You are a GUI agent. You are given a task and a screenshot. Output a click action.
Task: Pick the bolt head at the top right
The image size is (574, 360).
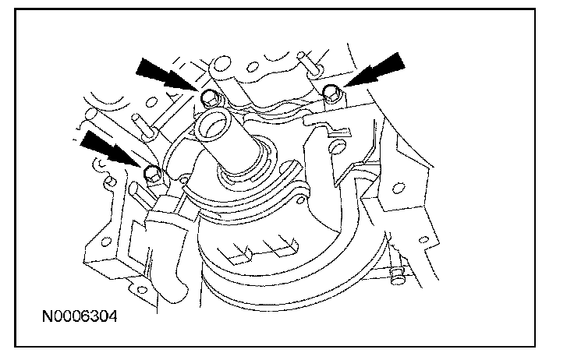pyautogui.click(x=331, y=94)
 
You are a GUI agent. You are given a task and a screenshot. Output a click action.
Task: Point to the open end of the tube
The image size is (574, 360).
pyautogui.click(x=213, y=124)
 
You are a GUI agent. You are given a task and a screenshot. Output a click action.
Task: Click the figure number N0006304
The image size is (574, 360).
pyautogui.click(x=82, y=317)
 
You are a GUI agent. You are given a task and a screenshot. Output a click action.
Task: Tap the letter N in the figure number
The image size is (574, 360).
pyautogui.click(x=48, y=317)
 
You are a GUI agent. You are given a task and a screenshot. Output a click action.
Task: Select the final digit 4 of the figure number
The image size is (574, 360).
pyautogui.click(x=115, y=317)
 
